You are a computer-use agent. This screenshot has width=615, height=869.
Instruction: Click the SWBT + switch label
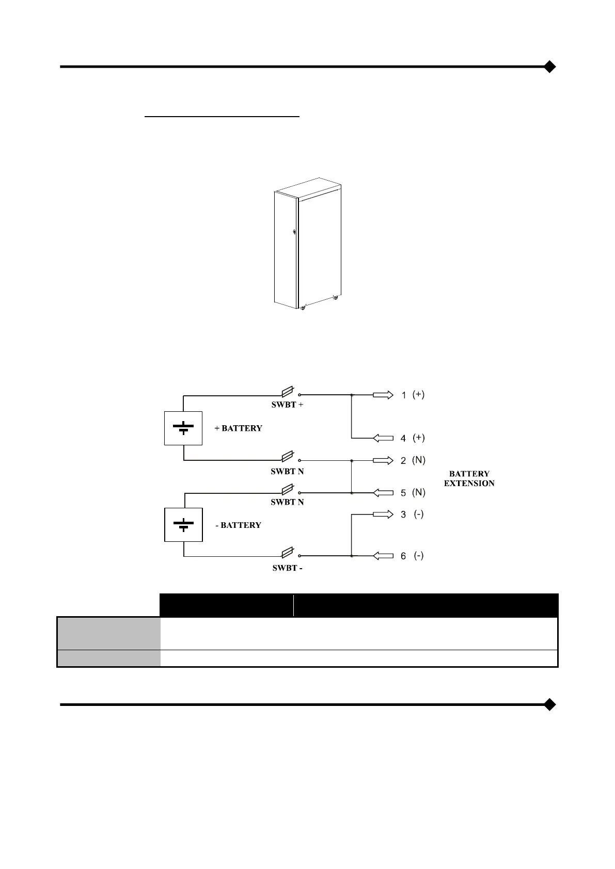(287, 405)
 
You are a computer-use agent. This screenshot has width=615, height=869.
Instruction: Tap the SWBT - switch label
(287, 568)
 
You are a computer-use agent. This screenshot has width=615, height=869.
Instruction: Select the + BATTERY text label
(238, 428)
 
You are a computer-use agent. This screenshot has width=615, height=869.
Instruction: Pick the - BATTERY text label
(238, 525)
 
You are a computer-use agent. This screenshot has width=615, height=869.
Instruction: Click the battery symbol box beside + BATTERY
(183, 428)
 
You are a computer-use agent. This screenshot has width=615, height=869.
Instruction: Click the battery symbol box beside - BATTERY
(183, 525)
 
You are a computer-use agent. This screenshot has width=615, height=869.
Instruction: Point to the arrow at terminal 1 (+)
(383, 395)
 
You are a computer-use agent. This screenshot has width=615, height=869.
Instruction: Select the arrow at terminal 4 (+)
(383, 438)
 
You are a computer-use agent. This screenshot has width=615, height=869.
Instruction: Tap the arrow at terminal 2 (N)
(383, 460)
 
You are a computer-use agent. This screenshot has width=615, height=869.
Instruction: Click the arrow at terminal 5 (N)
(383, 493)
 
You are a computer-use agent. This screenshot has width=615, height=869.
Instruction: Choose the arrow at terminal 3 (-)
(383, 514)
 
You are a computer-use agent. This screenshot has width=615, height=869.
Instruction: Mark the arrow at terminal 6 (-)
(383, 556)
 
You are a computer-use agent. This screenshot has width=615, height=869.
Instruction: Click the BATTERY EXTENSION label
(469, 478)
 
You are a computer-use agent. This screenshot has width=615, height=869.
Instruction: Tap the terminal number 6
(403, 556)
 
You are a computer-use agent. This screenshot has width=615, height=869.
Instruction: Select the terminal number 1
(404, 396)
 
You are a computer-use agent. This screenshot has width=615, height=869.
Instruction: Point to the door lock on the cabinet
(294, 233)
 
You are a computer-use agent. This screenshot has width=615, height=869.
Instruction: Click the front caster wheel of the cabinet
(303, 308)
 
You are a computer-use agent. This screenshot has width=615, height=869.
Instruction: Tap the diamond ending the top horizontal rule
(550, 67)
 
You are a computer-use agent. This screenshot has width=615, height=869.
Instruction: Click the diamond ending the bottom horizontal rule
(550, 704)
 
